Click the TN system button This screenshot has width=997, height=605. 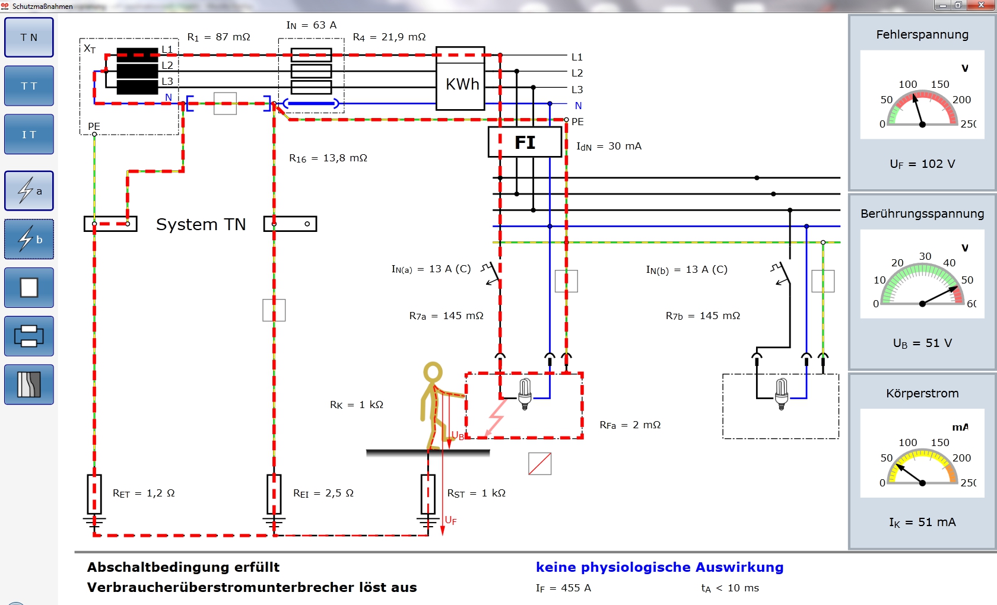[x=29, y=37]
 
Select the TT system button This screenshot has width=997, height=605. [x=29, y=86]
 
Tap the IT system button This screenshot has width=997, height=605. [x=29, y=134]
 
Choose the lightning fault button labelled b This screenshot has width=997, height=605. [x=29, y=240]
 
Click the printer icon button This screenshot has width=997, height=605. [x=29, y=336]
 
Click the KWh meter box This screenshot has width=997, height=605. [x=461, y=78]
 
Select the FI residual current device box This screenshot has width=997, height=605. [x=525, y=142]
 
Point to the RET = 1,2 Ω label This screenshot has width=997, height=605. [x=144, y=493]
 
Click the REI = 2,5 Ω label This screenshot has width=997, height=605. [x=323, y=493]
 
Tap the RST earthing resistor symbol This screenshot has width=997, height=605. [x=428, y=494]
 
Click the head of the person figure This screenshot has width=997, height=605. [x=433, y=372]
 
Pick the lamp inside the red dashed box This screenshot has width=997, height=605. [x=525, y=393]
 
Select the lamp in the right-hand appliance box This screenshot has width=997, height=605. [x=782, y=393]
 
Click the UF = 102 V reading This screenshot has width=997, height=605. [x=922, y=164]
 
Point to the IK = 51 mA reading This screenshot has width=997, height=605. [x=922, y=522]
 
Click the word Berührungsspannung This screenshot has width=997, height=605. [x=922, y=214]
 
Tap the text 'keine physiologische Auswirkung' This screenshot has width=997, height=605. [x=660, y=568]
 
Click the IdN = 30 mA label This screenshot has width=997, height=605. [x=609, y=147]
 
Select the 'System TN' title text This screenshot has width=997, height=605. [x=201, y=225]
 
